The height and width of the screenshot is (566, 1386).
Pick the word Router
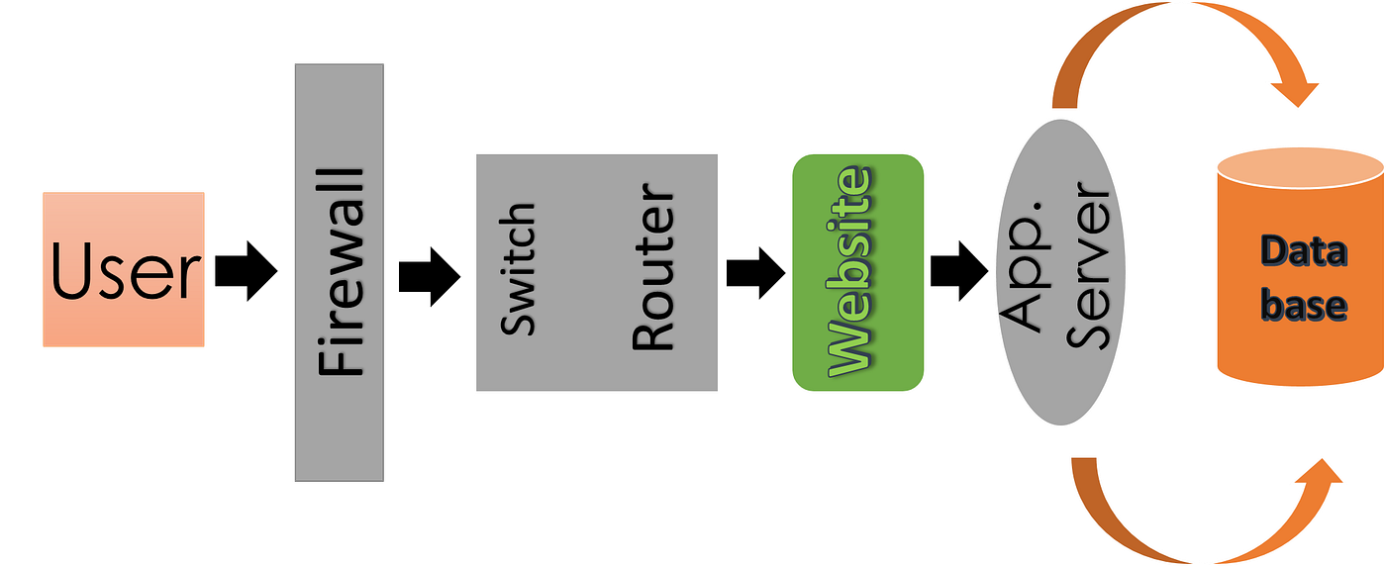tap(653, 269)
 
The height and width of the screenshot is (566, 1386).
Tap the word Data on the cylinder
tap(1304, 251)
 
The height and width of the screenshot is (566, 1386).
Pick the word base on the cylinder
tap(1304, 304)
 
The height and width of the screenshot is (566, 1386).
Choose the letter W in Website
tap(849, 348)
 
